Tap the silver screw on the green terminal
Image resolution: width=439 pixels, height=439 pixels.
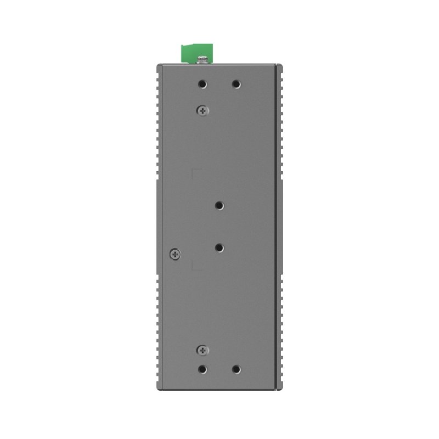(x=203, y=59)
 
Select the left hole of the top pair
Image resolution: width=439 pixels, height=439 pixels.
(x=202, y=85)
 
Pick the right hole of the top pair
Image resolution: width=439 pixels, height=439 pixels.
(x=236, y=85)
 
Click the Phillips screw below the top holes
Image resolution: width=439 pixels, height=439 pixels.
(x=203, y=110)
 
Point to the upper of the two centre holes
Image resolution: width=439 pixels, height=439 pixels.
(x=219, y=206)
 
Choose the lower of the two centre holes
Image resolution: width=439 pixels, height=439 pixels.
(x=219, y=248)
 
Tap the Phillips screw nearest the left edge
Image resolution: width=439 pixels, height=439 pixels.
(x=175, y=254)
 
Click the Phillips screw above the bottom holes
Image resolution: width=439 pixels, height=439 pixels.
(x=203, y=350)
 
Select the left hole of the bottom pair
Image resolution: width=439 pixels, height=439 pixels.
(x=202, y=369)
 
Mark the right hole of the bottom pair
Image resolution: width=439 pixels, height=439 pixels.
(x=236, y=369)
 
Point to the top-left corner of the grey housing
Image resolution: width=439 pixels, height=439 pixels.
(x=157, y=65)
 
